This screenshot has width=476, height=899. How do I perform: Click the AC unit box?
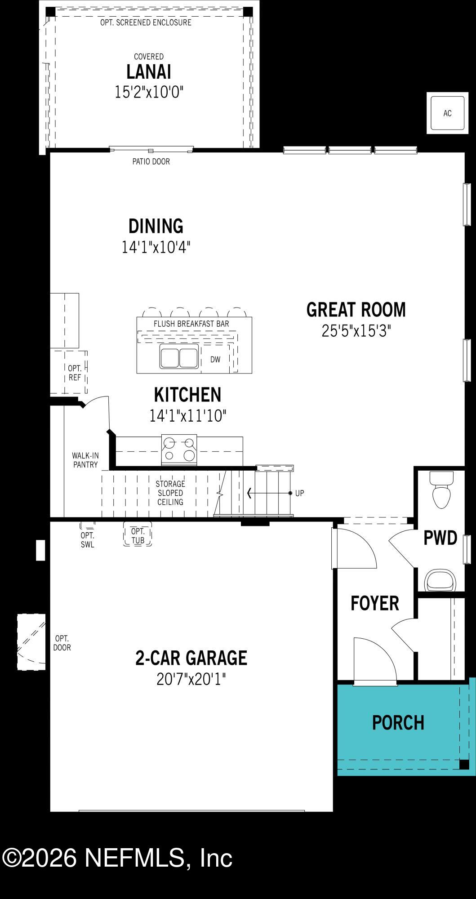pos(447,113)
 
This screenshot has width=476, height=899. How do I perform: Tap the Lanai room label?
pos(149,72)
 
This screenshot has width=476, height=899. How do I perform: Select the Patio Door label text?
pos(151,161)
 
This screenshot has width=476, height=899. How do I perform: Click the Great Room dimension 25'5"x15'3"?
pos(356,331)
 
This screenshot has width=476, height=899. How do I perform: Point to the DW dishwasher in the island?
pos(215,359)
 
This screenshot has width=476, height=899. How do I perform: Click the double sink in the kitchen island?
pos(179,358)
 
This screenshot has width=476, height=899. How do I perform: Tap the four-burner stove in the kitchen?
pos(179,449)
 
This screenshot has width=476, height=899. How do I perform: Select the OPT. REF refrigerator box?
pos(75,373)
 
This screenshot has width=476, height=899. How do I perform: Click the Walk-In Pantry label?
pos(85,460)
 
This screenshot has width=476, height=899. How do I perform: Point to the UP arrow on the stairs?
pos(270,493)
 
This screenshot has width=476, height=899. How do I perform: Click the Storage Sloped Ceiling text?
pos(170,493)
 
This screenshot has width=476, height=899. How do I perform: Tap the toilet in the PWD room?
pos(441,490)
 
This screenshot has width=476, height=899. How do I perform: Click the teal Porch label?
pos(398,722)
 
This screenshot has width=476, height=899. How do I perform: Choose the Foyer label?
pos(374,603)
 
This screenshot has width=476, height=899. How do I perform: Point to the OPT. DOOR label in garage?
pos(62,643)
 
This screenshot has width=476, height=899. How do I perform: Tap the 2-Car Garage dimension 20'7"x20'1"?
pos(191,679)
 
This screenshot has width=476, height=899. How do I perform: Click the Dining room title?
pos(156,226)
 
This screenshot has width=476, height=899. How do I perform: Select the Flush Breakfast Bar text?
pos(191,324)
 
